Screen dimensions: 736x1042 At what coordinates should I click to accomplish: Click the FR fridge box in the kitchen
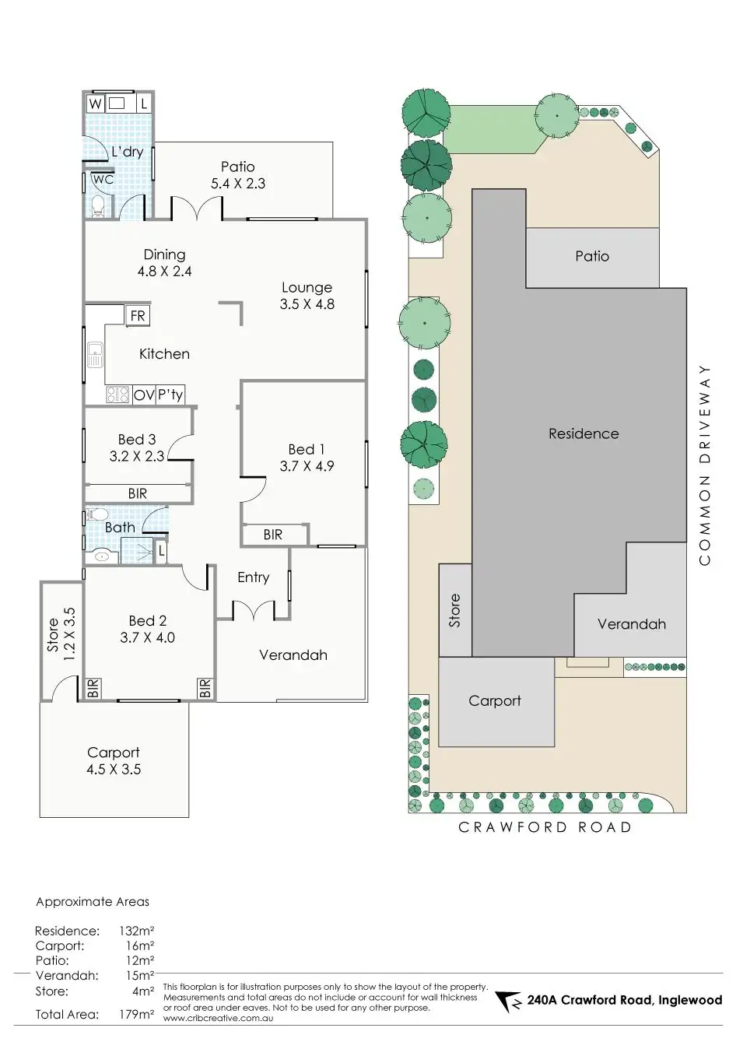(138, 316)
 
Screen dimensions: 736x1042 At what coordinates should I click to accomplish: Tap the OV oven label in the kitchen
(144, 395)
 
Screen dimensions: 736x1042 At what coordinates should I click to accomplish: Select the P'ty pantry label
(170, 395)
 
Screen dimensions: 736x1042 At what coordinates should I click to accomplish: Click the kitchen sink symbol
(95, 355)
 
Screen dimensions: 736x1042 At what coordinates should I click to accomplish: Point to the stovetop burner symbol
(117, 395)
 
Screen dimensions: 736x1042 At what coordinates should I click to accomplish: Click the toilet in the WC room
(98, 205)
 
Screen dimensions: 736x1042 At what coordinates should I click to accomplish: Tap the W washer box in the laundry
(95, 103)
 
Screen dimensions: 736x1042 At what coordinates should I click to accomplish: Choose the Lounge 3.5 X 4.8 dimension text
(307, 304)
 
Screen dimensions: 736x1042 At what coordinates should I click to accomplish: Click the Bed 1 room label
(307, 449)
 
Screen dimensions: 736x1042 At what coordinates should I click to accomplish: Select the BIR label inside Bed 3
(138, 493)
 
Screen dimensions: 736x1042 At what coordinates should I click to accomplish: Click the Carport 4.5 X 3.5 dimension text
(114, 770)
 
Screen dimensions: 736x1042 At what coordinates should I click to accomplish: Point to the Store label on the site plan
(455, 610)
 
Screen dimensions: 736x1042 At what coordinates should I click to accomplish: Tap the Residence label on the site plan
(584, 434)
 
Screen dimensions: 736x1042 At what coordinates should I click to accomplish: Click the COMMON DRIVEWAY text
(705, 465)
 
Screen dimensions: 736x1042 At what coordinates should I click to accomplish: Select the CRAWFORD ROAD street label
(545, 827)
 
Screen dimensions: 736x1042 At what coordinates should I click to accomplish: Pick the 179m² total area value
(137, 1014)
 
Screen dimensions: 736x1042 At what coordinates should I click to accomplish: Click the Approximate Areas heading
(93, 902)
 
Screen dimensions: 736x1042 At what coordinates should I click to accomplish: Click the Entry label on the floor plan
(254, 577)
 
